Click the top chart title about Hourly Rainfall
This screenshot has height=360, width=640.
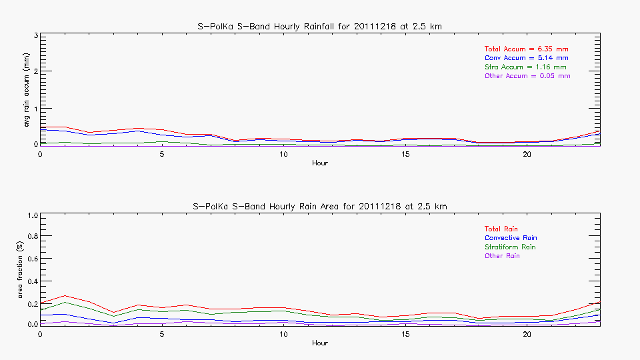tap(320, 26)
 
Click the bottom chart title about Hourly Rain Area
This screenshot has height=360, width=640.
tap(320, 206)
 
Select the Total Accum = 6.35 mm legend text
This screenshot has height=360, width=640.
tap(526, 49)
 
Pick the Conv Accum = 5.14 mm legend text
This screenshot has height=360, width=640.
tap(526, 58)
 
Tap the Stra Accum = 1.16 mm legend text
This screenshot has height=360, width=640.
tap(525, 67)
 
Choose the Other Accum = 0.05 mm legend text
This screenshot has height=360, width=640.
tap(527, 76)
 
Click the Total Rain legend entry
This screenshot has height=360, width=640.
tap(501, 229)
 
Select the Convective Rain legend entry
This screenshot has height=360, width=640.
tap(511, 238)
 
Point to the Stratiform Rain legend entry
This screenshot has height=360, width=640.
tap(510, 247)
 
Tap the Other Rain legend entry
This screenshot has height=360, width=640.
tap(502, 256)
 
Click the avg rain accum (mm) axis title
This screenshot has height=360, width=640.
tap(27, 90)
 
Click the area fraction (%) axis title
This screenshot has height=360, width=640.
tap(27, 270)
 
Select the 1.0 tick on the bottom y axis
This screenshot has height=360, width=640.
tap(31, 215)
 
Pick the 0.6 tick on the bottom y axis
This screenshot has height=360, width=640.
tap(31, 259)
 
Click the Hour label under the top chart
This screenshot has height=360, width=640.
tap(320, 163)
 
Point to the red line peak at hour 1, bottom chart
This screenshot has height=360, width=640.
tap(65, 295)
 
